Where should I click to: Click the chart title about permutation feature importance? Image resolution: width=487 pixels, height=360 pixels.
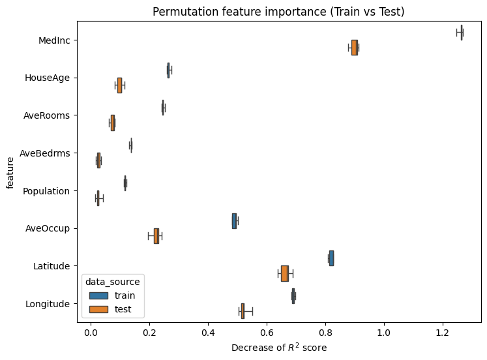(279, 11)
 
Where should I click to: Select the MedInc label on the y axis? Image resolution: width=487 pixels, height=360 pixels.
(54, 40)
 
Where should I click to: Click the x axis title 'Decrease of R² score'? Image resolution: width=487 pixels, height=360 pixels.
(279, 348)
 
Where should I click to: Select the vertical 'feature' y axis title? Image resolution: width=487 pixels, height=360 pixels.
(10, 172)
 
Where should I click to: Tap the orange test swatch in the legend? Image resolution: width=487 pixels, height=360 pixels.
(98, 308)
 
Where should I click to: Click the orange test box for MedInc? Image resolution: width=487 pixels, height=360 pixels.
(354, 48)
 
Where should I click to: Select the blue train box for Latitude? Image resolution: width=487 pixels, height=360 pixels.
(331, 258)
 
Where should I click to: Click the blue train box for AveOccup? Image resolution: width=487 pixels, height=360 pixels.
(234, 221)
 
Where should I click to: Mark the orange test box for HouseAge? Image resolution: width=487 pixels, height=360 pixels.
(119, 85)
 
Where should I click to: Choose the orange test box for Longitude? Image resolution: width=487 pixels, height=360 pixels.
(243, 311)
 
